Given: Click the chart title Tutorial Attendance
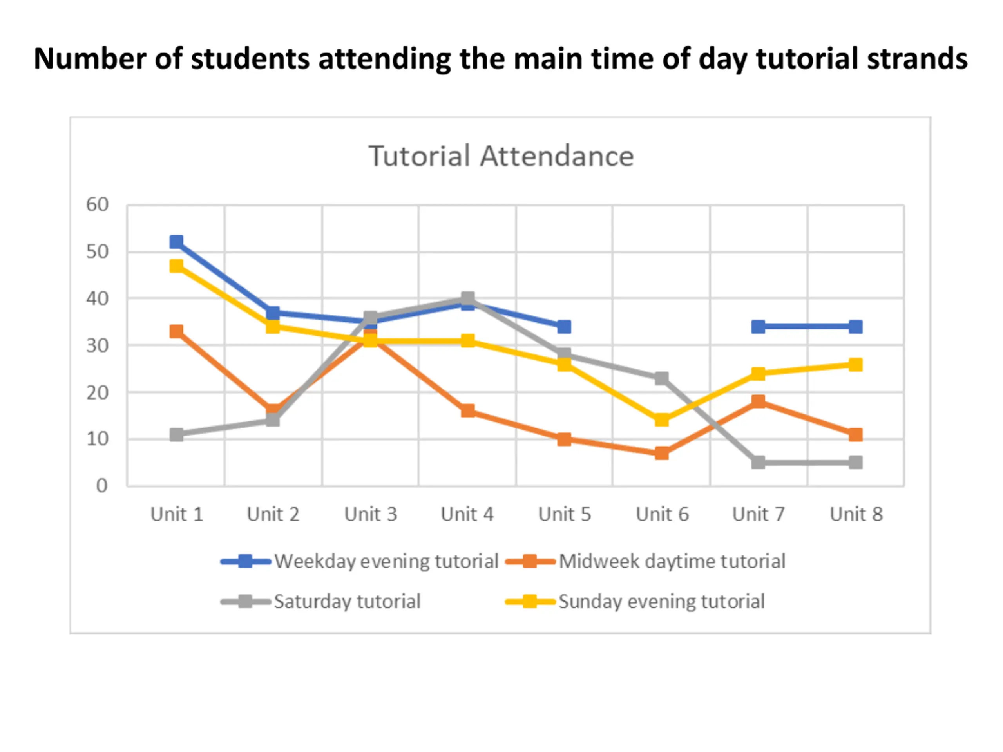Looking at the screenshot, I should coord(501,156).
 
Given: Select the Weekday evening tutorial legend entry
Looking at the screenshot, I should coord(386,561).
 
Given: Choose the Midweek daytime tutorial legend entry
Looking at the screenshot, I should coord(672,561).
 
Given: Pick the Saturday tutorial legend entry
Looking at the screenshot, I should coord(347,602).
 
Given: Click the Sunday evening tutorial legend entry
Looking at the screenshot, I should coord(661,602).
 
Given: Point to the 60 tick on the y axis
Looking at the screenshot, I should coord(98,205).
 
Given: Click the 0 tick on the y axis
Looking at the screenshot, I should coord(102,486).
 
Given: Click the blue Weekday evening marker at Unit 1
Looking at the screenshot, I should coord(176,242).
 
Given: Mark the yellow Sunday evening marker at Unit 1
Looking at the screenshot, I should coord(176,266).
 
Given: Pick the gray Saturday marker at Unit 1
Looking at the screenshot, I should coord(176,435).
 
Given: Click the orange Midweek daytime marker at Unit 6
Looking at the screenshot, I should coord(662,453).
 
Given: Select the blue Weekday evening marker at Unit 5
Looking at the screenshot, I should coord(564,327).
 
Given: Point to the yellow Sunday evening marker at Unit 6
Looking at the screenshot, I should coord(662,420).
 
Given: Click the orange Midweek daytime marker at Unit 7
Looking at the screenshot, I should coord(758,401).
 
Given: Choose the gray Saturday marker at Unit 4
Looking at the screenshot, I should coord(467,298).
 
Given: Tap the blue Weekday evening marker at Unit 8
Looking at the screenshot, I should coord(855,327).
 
